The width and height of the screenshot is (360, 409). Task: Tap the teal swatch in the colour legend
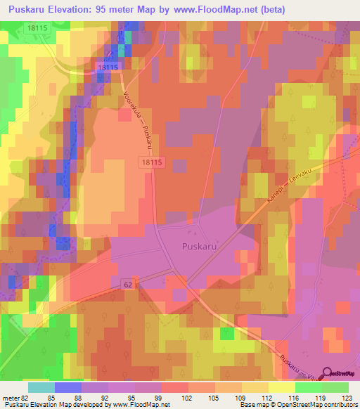(x=41, y=387)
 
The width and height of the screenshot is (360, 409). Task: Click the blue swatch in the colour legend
(x=68, y=387)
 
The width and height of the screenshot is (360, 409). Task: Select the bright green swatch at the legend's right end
(x=335, y=387)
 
